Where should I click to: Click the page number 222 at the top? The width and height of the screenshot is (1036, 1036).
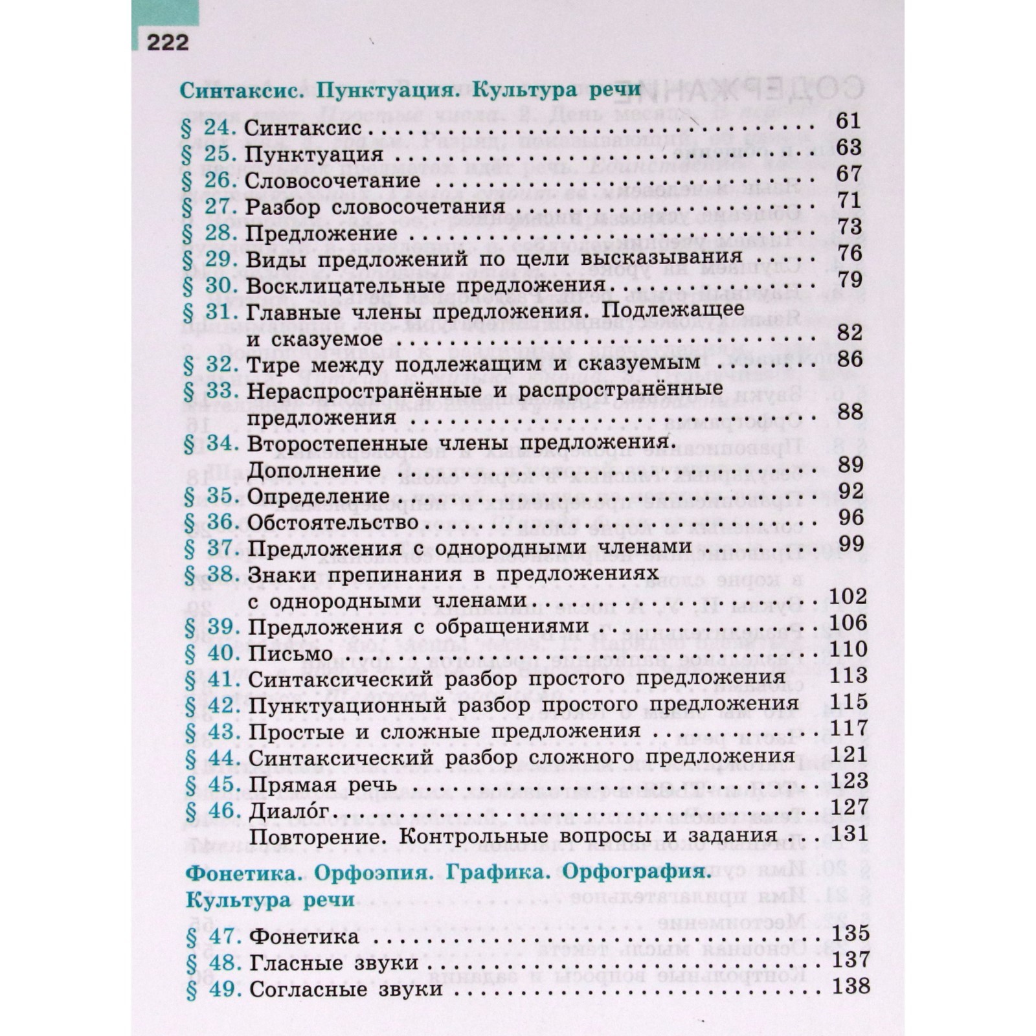tap(168, 42)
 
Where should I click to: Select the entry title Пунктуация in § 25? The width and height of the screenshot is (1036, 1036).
tap(315, 155)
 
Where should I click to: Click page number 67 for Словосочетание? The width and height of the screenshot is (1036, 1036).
tap(848, 174)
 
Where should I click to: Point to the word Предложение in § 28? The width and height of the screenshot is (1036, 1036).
tap(322, 234)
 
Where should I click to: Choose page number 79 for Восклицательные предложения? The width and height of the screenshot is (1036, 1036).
tap(849, 280)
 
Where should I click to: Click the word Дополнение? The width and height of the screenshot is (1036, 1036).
tap(314, 471)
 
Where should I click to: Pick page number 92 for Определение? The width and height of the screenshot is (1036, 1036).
tap(850, 491)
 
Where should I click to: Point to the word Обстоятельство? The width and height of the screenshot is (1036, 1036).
tap(333, 523)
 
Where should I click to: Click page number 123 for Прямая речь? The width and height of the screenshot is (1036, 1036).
tap(849, 781)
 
